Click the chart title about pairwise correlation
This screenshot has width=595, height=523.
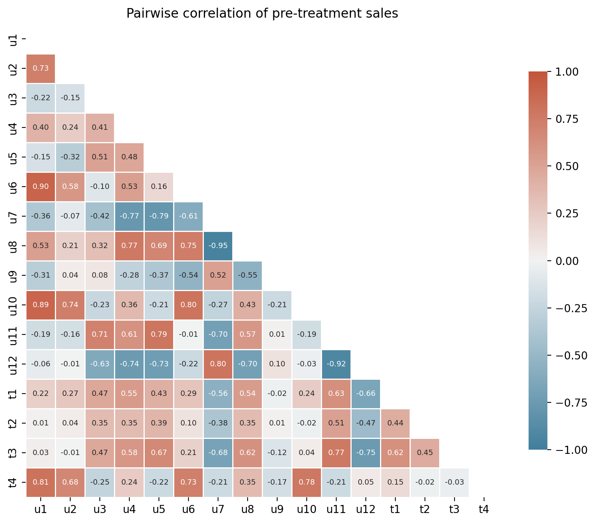click(x=262, y=13)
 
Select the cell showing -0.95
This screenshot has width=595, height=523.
click(x=218, y=246)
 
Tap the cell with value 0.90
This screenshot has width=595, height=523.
click(x=41, y=187)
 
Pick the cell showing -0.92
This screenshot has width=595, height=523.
click(x=336, y=364)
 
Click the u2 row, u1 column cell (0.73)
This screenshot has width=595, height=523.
click(x=41, y=68)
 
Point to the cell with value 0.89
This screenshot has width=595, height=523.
click(x=41, y=305)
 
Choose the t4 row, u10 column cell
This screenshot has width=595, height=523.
click(x=306, y=482)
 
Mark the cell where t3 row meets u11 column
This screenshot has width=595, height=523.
click(x=336, y=452)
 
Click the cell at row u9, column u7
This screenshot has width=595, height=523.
click(x=218, y=275)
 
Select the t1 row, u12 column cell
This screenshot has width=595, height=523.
click(x=365, y=394)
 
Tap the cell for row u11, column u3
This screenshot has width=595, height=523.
click(x=99, y=334)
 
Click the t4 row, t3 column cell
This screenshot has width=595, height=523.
click(x=454, y=482)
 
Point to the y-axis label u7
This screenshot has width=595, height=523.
click(x=13, y=216)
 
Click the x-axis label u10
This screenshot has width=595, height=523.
click(x=306, y=509)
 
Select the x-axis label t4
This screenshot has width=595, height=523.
click(x=484, y=509)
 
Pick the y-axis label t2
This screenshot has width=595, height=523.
click(x=13, y=423)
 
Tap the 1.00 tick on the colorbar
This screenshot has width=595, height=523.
click(x=567, y=72)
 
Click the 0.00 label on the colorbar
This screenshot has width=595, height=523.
click(x=567, y=261)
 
